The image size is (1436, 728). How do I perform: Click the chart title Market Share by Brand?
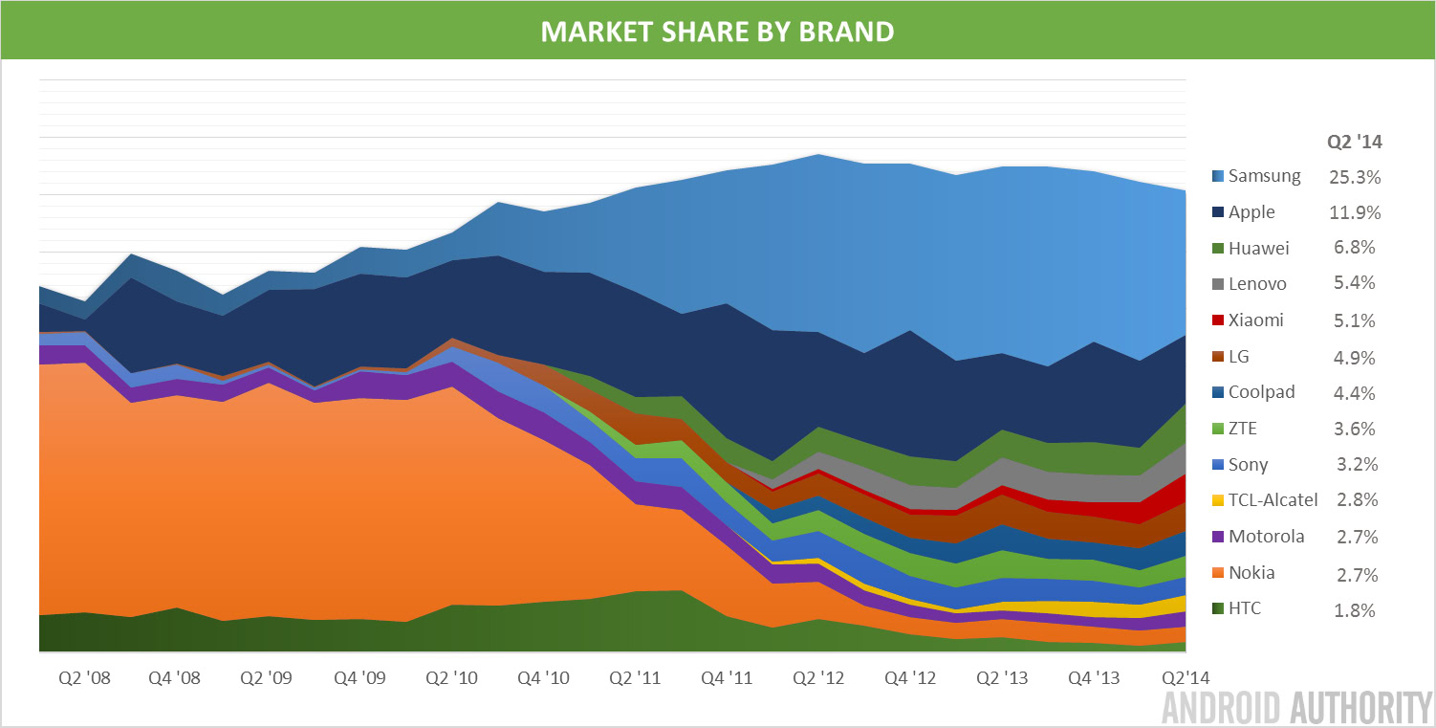(717, 31)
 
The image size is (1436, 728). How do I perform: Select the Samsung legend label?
(1264, 176)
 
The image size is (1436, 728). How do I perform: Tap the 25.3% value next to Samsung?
(1354, 176)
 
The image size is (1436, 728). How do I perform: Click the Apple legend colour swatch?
(1216, 212)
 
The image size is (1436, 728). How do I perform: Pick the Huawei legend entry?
(1258, 249)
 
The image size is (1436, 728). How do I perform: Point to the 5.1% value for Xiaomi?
(1354, 320)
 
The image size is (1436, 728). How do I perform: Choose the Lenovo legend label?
(1257, 284)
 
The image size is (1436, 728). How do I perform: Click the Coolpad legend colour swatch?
(1216, 392)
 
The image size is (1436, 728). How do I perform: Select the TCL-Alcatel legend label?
(1273, 499)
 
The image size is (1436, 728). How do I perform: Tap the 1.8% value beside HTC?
(1354, 609)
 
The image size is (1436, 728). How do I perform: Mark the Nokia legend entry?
(1251, 573)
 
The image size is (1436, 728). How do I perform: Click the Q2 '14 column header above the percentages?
(1354, 143)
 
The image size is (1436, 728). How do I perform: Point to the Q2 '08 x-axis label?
(84, 678)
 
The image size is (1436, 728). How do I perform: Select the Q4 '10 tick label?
(543, 678)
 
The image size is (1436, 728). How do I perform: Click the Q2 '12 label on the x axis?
(818, 678)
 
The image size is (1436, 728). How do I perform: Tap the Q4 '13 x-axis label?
(1094, 678)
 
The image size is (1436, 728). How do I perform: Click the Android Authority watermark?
(1296, 708)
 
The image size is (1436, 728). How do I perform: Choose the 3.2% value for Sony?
(1354, 464)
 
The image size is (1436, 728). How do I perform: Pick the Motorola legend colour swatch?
(1216, 537)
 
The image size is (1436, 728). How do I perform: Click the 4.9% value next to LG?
(1354, 357)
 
